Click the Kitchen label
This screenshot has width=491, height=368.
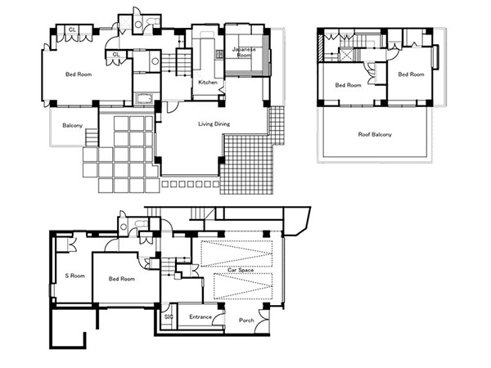point(208,83)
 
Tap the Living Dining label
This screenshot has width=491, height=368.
point(214,124)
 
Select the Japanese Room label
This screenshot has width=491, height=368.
point(244,52)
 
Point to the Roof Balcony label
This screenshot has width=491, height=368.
point(375,135)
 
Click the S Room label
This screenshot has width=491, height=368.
point(74,276)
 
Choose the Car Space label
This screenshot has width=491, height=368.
point(241,270)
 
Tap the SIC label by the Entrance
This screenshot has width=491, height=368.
point(169,317)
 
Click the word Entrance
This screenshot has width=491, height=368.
point(200,317)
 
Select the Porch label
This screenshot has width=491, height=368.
point(246,321)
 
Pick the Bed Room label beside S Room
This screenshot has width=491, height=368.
point(122,279)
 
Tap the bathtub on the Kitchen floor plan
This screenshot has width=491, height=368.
point(143,99)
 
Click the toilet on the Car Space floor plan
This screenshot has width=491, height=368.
point(142,223)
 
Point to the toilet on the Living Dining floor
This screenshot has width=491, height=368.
point(154,21)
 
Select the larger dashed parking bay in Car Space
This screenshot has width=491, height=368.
point(236,254)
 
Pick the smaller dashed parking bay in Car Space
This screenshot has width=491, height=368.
point(243,286)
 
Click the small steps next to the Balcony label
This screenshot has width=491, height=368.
point(92,137)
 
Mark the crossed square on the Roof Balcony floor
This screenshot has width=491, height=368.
point(346,55)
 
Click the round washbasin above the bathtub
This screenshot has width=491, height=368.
point(155,61)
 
